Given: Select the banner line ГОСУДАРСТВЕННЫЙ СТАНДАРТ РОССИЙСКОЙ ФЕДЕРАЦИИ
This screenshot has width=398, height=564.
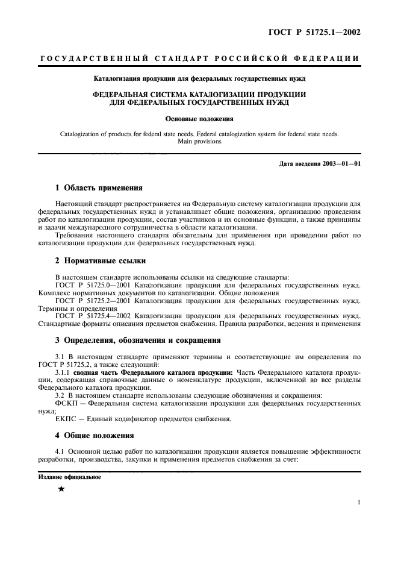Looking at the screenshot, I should [199, 58].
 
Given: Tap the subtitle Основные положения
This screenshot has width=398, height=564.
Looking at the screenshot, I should [199, 119].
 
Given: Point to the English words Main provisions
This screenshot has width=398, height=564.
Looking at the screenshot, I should [199, 142].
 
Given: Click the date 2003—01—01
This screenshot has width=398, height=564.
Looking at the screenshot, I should [340, 164].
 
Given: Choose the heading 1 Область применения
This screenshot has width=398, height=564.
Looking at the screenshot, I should [99, 187].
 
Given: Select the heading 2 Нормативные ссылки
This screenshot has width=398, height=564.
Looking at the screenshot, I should [99, 261].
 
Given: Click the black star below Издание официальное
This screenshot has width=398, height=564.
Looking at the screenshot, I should [60, 489].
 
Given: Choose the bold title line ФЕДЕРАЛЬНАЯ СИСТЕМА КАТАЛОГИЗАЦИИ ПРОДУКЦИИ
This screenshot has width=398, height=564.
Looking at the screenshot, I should [199, 95].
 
